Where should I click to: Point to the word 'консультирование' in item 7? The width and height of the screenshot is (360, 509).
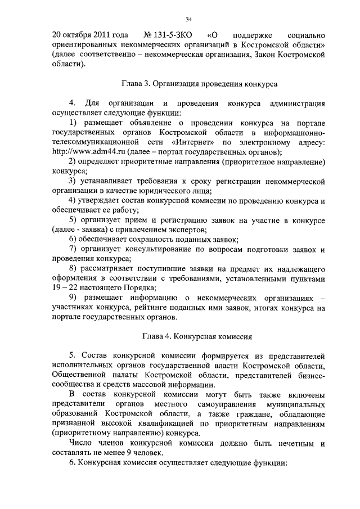[159, 249]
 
